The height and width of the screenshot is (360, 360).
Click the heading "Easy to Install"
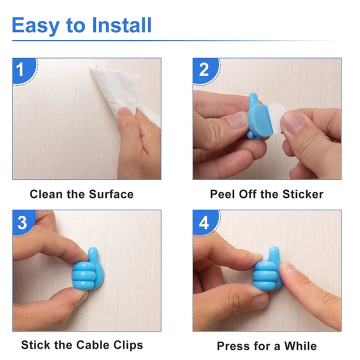tap(81, 25)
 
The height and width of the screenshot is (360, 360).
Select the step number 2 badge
tap(203, 69)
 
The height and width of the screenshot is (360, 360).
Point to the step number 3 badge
tap(22, 222)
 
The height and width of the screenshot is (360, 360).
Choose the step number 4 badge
tap(204, 222)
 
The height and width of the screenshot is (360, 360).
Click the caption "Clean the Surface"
tap(81, 194)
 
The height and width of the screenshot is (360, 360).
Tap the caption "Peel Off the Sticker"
tap(266, 194)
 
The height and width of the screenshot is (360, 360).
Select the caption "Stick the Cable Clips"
tap(82, 344)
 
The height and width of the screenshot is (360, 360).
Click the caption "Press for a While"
tap(266, 345)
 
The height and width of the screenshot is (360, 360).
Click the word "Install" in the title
tap(119, 25)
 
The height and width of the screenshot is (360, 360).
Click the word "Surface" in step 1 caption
tap(111, 194)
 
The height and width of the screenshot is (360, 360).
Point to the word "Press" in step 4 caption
tap(232, 345)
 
